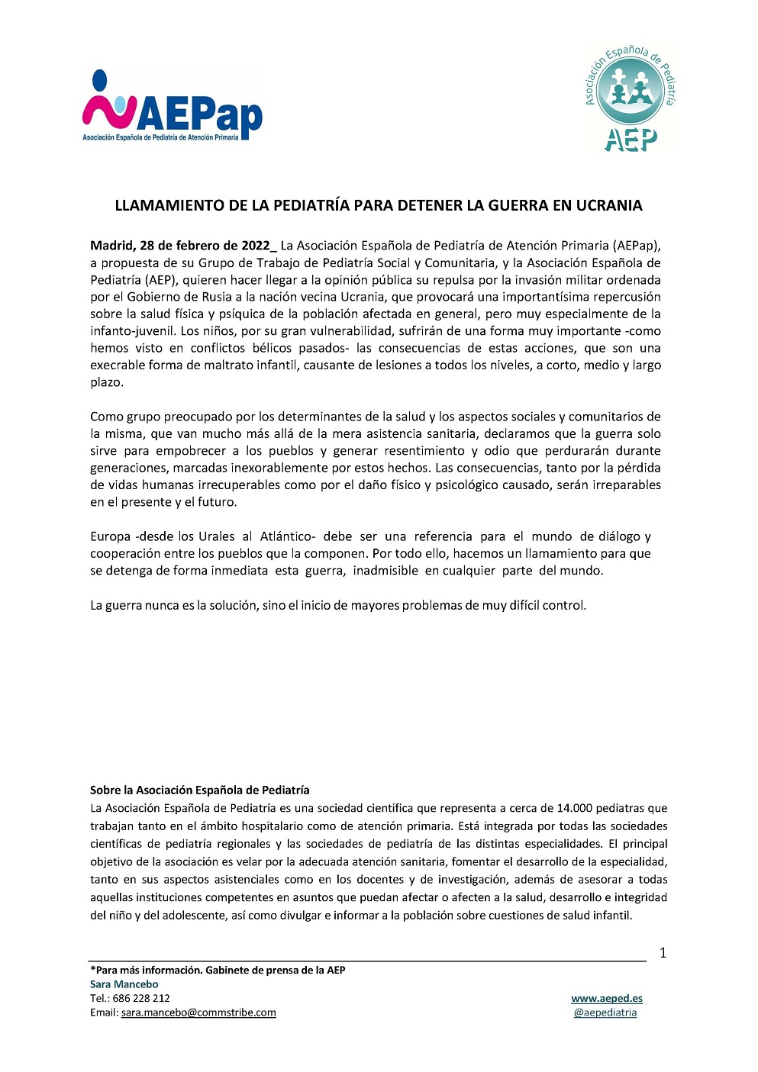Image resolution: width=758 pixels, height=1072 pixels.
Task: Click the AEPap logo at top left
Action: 173,107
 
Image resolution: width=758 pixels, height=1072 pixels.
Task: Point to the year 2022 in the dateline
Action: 256,246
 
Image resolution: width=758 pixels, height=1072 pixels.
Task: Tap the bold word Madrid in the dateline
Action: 112,246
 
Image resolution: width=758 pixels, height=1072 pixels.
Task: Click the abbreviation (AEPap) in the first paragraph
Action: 636,246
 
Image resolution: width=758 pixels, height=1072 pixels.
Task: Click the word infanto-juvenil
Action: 132,331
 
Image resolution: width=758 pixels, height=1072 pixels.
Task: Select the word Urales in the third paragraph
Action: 217,536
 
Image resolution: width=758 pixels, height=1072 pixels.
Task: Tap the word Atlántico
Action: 287,536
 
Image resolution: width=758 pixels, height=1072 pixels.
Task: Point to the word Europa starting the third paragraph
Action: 111,536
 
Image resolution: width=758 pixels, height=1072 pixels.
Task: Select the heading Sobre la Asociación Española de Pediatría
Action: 200,790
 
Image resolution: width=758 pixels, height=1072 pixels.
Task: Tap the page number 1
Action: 663,952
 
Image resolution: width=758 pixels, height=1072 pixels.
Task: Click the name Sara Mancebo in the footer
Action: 124,984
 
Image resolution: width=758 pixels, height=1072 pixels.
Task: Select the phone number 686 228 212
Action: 140,998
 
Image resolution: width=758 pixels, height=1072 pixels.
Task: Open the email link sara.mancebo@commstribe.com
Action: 198,1012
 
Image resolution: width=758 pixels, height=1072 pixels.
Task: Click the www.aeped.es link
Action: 607,998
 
